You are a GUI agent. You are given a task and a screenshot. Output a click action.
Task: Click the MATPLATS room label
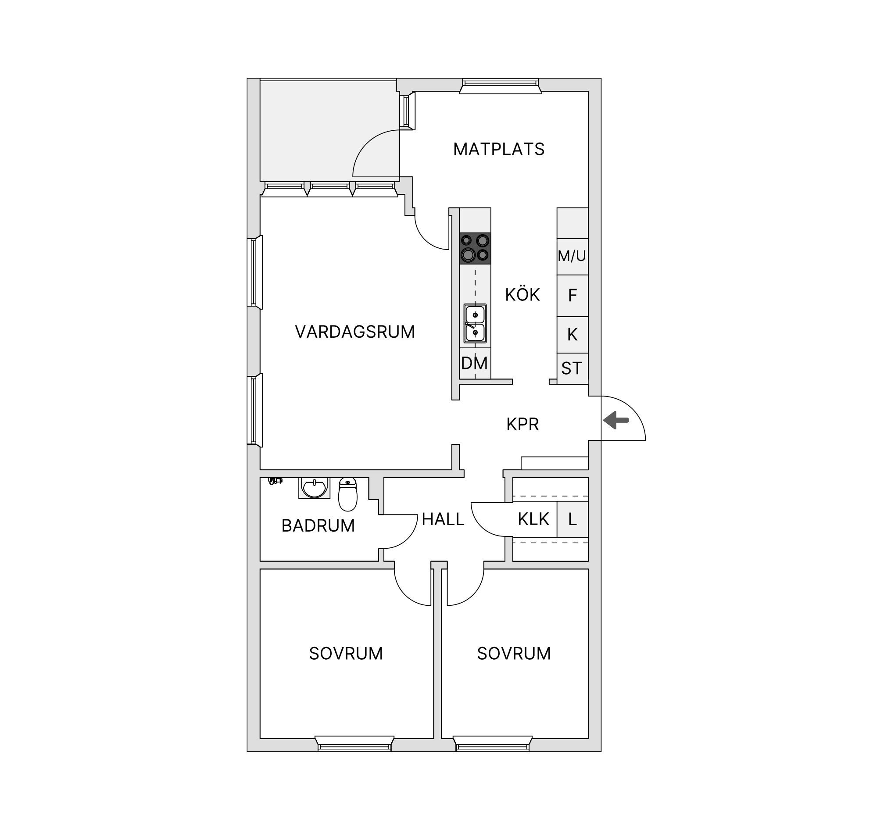point(498,149)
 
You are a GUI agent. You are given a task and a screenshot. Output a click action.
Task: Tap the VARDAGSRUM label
point(355,332)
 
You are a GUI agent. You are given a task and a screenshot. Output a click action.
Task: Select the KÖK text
point(522,294)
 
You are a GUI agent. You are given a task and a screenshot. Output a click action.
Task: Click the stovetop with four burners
point(475,248)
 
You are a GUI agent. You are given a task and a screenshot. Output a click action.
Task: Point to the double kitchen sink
point(475,324)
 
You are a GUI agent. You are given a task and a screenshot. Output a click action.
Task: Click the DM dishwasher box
point(475,363)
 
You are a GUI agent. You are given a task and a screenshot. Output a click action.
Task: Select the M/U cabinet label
point(572,256)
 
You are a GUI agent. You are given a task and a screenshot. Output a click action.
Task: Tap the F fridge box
point(573,296)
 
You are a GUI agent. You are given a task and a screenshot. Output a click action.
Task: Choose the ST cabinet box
point(573,368)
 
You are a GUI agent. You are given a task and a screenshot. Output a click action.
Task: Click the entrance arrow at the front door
point(616,420)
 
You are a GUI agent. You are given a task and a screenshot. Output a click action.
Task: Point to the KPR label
point(522,424)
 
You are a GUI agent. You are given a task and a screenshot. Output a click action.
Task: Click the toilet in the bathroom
point(348,494)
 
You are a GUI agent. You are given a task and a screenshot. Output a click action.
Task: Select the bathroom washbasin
point(314,488)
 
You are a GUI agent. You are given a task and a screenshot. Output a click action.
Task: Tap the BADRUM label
point(318,525)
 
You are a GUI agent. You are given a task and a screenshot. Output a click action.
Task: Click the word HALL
point(443,519)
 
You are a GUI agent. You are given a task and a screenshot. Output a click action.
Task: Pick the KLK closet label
point(533,519)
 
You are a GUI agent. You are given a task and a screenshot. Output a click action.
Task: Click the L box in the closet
point(573,519)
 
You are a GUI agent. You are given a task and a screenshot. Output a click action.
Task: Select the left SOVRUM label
point(346,654)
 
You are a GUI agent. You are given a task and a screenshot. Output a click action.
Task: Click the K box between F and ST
point(573,335)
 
